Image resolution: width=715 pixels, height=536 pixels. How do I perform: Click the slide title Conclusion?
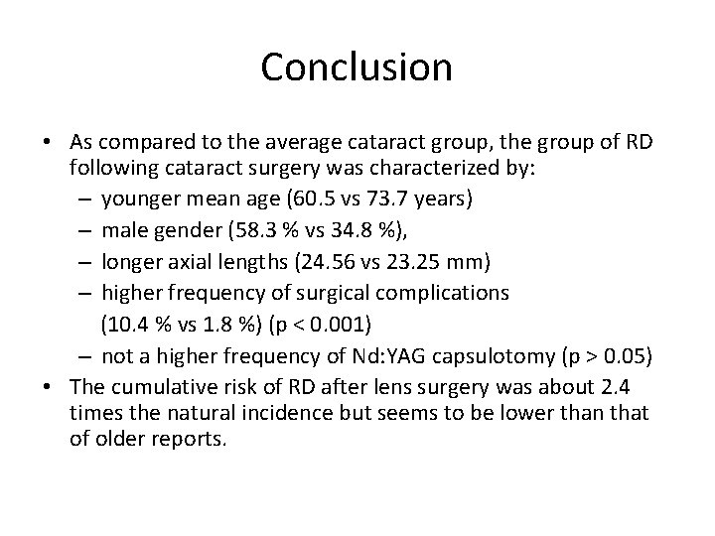[357, 67]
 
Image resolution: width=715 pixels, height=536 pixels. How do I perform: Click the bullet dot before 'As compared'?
[48, 139]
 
